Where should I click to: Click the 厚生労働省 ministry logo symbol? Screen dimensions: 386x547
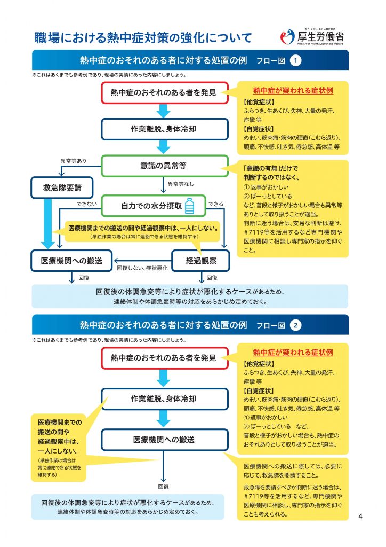[287, 37]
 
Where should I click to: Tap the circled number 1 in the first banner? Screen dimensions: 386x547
[295, 61]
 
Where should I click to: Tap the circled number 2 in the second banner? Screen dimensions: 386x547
[295, 325]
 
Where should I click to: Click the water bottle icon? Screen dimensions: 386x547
[190, 206]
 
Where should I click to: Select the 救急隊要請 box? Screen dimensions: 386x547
[62, 187]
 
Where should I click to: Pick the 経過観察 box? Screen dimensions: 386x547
[201, 261]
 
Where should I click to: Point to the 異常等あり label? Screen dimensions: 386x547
[73, 161]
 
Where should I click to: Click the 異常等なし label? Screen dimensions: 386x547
[181, 184]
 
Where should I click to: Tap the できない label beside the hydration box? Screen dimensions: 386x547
[87, 204]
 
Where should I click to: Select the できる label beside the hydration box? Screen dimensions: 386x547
[216, 204]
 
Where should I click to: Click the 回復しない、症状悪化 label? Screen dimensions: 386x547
[142, 268]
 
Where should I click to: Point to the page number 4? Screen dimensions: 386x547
[360, 516]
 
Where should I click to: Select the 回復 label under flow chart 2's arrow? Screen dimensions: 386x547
[163, 486]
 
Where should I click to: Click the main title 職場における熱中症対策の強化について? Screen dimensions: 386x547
[143, 38]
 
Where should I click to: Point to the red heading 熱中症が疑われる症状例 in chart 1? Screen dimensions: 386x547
[293, 91]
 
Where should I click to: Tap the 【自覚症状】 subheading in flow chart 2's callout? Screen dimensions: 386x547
[259, 391]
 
